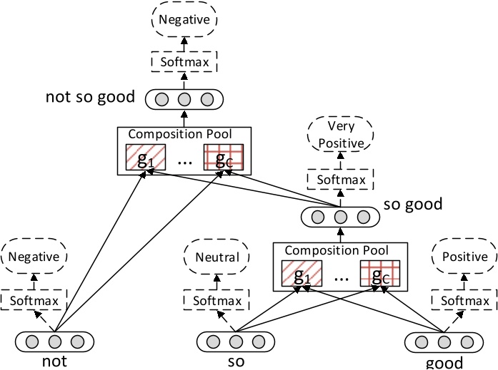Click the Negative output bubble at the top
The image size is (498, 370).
click(185, 21)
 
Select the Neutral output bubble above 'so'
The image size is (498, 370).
click(217, 257)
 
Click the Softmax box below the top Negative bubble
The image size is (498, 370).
click(185, 62)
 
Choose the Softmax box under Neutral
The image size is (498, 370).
click(217, 300)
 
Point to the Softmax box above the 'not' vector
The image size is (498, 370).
click(34, 300)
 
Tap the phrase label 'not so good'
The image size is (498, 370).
click(90, 96)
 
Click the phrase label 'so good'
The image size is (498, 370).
click(413, 205)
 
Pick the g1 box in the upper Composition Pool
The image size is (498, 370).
click(146, 157)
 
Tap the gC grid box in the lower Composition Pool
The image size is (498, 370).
click(378, 273)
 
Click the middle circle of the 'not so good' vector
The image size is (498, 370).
click(185, 98)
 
